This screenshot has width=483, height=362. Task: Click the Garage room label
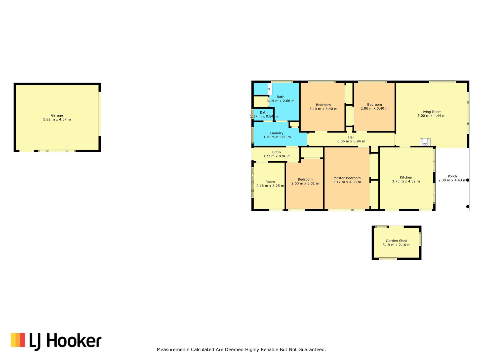click(x=57, y=115)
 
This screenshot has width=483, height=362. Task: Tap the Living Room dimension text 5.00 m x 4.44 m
click(x=431, y=116)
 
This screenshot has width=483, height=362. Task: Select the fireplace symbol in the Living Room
click(x=425, y=142)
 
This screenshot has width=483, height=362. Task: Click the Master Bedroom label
click(x=347, y=178)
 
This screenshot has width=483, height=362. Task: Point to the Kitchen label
click(x=406, y=177)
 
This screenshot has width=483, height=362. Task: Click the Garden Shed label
click(x=396, y=241)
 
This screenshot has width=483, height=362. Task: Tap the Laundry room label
click(x=277, y=133)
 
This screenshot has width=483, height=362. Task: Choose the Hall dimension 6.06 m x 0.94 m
click(x=351, y=141)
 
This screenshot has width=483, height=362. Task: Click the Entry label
click(x=276, y=152)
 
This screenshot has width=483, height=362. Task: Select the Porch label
click(x=452, y=176)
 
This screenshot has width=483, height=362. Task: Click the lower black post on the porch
click(x=468, y=207)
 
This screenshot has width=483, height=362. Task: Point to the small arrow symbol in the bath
click(x=270, y=89)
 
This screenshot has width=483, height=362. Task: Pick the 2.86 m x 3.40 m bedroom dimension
click(x=374, y=109)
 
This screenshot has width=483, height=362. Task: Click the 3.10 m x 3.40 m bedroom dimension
click(x=323, y=109)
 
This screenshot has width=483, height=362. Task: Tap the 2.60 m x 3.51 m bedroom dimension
click(x=305, y=184)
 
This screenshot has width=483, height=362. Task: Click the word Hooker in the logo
click(x=74, y=341)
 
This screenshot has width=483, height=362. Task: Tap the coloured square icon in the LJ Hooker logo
click(x=18, y=340)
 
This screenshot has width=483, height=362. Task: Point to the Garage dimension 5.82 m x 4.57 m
click(x=57, y=119)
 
